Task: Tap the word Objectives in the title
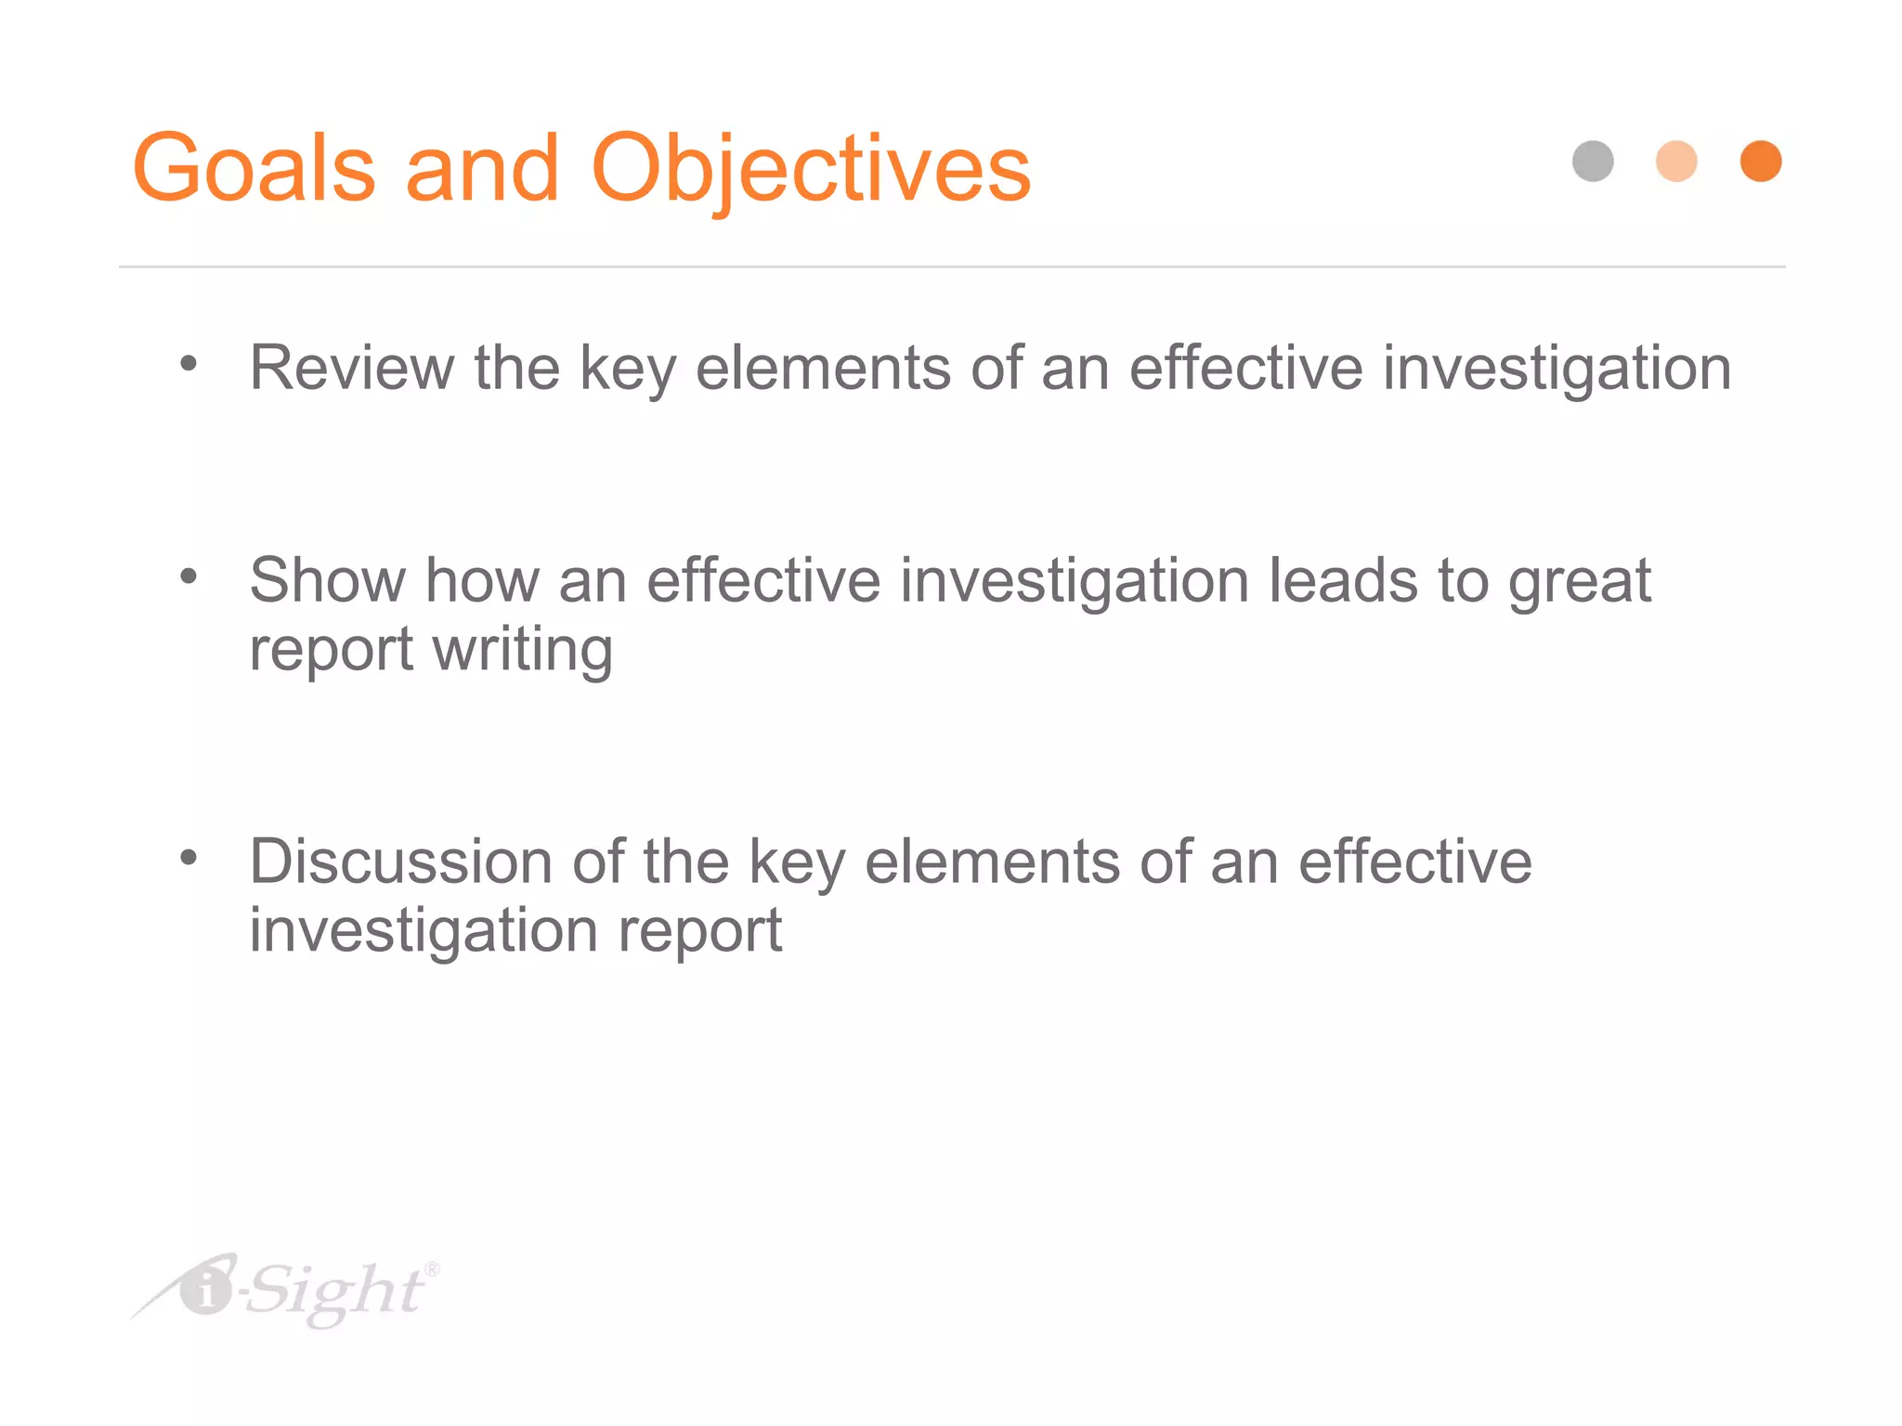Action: tap(810, 170)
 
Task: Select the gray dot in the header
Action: tap(1593, 162)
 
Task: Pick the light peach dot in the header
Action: tap(1676, 162)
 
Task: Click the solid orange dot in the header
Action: tap(1760, 162)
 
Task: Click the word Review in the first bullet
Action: tap(351, 368)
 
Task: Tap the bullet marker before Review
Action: tap(189, 364)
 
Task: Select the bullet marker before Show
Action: tap(189, 577)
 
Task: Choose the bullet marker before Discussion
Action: tap(189, 858)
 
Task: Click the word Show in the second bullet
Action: tap(327, 580)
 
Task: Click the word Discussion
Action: tap(400, 862)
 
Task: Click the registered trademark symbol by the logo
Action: tap(432, 1269)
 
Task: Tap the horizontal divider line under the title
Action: tap(951, 266)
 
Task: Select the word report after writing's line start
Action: tap(331, 652)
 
